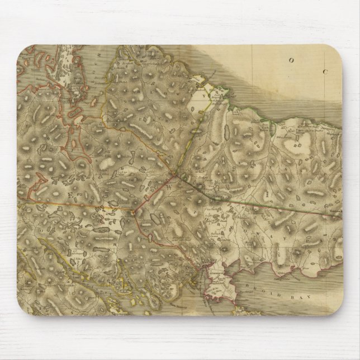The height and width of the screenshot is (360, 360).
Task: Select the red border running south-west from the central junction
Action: (151, 196)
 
